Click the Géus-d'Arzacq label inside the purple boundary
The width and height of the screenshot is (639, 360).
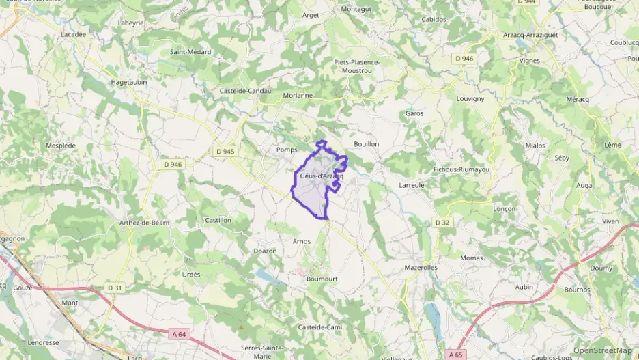pyautogui.click(x=321, y=176)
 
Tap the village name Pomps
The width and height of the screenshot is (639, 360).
pyautogui.click(x=285, y=150)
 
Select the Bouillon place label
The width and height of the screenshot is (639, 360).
pyautogui.click(x=367, y=144)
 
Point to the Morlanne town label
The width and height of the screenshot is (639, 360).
pyautogui.click(x=298, y=96)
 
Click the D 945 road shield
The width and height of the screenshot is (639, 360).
pyautogui.click(x=225, y=151)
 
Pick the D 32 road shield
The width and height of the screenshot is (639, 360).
pyautogui.click(x=442, y=223)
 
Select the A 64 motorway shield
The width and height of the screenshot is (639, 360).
pyautogui.click(x=178, y=333)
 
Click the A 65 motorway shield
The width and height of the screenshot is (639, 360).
pyautogui.click(x=455, y=354)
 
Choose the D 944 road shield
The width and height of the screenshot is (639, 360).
pyautogui.click(x=526, y=2)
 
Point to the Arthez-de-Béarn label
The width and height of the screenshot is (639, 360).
pyautogui.click(x=144, y=223)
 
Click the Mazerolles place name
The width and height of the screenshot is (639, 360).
pyautogui.click(x=421, y=267)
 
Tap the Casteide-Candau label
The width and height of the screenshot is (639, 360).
pyautogui.click(x=246, y=91)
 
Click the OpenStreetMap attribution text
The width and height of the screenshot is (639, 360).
pyautogui.click(x=602, y=350)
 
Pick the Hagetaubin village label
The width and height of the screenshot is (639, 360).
pyautogui.click(x=129, y=81)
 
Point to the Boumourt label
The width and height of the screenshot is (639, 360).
pyautogui.click(x=322, y=279)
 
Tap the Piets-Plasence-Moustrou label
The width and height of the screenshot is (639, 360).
pyautogui.click(x=356, y=66)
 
